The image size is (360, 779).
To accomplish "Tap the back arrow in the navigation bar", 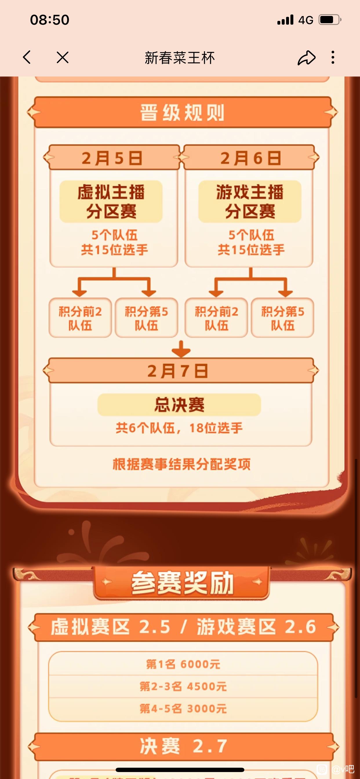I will click(27, 57).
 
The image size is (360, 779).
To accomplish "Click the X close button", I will click(63, 57).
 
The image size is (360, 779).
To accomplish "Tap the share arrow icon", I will click(306, 57).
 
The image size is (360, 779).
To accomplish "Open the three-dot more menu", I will click(333, 57).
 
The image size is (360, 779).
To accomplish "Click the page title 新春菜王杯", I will click(180, 58).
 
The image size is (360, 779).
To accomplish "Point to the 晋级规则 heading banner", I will click(182, 112).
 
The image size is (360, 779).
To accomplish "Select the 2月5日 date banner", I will click(112, 158).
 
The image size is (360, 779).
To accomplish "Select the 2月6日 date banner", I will click(251, 158).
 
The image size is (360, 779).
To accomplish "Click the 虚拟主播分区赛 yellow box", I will click(111, 202).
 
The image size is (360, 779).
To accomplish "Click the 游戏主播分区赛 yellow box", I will click(250, 202).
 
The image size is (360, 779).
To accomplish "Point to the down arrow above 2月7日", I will click(181, 349).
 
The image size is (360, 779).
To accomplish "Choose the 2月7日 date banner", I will click(181, 371).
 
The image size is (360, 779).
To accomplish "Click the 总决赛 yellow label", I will click(179, 405).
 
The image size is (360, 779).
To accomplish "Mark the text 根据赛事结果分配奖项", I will click(181, 464).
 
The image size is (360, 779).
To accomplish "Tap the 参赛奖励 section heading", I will click(182, 583).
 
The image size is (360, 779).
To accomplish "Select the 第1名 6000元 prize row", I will click(183, 665).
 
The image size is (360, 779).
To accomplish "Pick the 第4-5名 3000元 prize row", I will click(183, 709).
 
